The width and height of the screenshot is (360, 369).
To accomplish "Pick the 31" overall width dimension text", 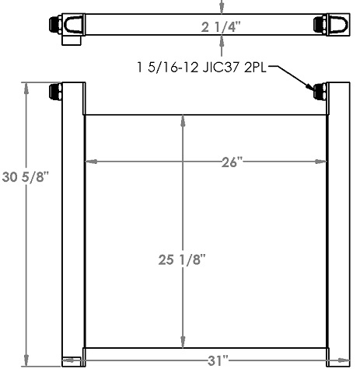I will coord(219,360).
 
